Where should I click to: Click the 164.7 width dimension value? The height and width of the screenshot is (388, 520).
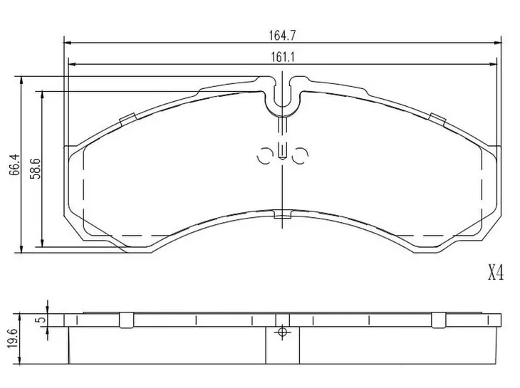click(282, 35)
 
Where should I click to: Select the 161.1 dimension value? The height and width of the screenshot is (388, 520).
click(283, 58)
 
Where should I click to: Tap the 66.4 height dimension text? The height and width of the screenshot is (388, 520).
click(15, 164)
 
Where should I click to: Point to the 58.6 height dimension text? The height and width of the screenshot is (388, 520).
click(35, 169)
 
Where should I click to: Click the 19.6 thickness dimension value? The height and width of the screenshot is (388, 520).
click(13, 338)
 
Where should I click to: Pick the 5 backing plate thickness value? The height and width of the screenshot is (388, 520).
click(42, 320)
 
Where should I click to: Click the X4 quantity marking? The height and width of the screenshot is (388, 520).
click(496, 273)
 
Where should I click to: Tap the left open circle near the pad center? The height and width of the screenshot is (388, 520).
click(265, 155)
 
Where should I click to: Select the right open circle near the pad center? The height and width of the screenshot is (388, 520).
click(301, 155)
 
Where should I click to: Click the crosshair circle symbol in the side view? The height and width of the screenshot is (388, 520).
click(282, 332)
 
